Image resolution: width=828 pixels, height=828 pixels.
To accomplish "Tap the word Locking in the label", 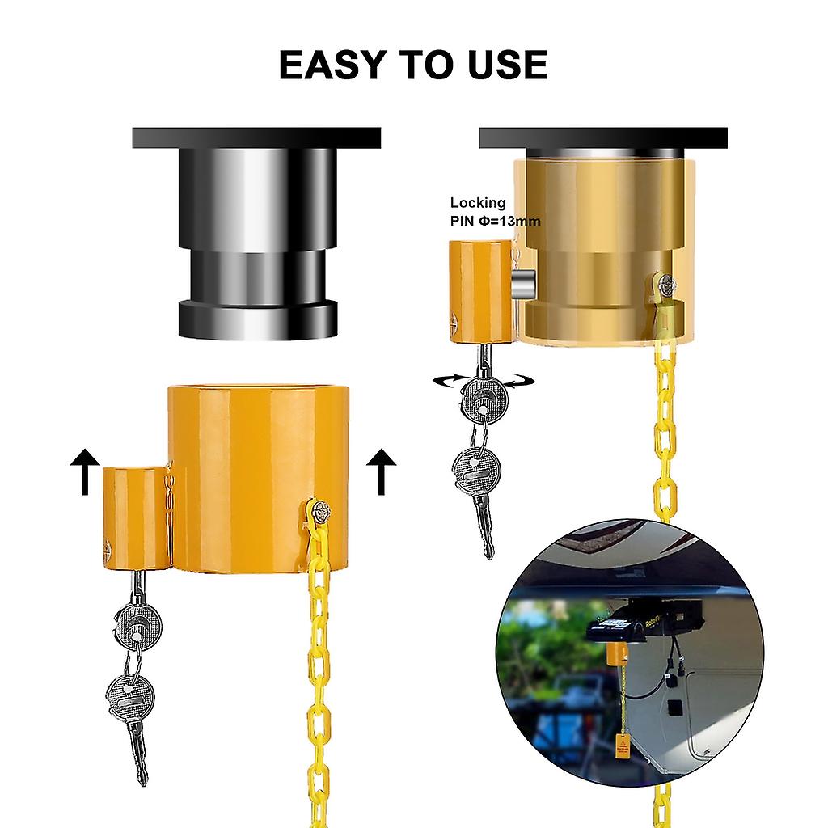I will [x=478, y=204].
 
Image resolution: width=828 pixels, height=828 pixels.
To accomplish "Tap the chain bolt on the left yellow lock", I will [x=318, y=511].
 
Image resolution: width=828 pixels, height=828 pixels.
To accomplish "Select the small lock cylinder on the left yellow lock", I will [x=135, y=517].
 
